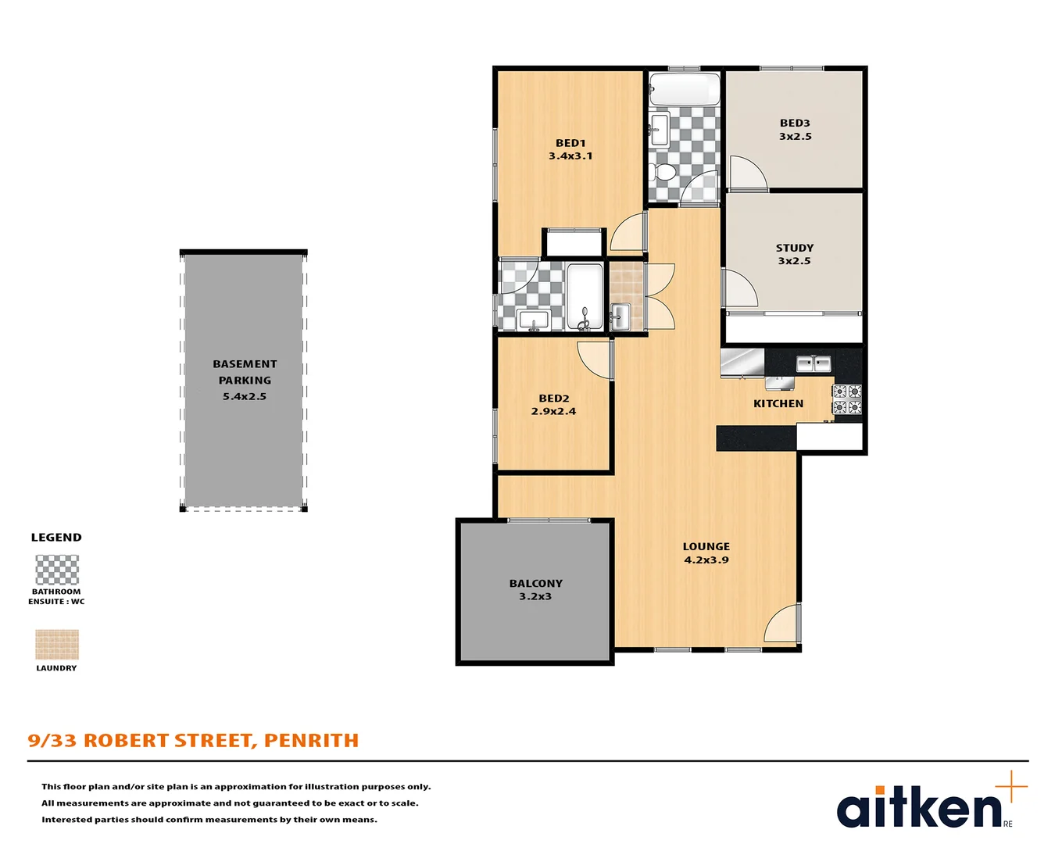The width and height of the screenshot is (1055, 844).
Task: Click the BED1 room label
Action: coord(570,143)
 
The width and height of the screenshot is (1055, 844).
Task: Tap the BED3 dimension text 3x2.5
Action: coord(796,136)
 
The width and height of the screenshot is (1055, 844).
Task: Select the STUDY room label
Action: coord(794,249)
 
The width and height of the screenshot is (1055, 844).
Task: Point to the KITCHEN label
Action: coord(778,403)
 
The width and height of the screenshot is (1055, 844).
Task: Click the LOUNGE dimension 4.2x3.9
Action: coord(706,560)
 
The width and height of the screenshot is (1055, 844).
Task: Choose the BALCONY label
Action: coord(536,584)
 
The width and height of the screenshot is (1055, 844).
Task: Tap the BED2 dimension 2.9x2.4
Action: coord(553,412)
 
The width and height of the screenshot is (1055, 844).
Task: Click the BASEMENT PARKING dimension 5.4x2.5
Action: coord(244,396)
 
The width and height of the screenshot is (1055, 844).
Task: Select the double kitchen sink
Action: coord(814,364)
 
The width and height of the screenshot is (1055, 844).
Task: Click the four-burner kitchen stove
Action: coord(847,399)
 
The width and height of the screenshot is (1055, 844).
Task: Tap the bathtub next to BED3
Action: coord(685,89)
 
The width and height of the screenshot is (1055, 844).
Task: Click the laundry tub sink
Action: coord(620,316)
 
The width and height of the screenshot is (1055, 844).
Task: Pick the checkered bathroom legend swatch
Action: coord(57,570)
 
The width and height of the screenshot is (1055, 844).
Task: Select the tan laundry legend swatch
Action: coord(57,645)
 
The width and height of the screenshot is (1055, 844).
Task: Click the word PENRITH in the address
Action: coord(311,740)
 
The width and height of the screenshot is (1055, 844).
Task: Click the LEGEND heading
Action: coord(56,538)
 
